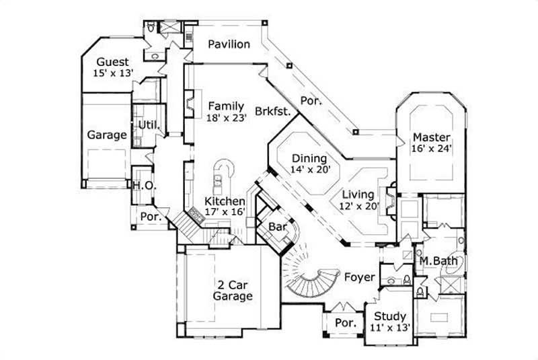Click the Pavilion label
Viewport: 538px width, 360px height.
pyautogui.click(x=229, y=44)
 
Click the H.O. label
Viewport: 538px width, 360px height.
pyautogui.click(x=141, y=185)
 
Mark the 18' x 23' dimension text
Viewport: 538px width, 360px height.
pyautogui.click(x=227, y=117)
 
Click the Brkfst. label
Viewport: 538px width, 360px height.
pyautogui.click(x=272, y=112)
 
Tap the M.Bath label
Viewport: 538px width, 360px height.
pyautogui.click(x=435, y=260)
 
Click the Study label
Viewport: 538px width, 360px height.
pyautogui.click(x=390, y=316)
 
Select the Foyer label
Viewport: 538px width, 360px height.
pyautogui.click(x=360, y=276)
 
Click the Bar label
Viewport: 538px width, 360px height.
pyautogui.click(x=278, y=227)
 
